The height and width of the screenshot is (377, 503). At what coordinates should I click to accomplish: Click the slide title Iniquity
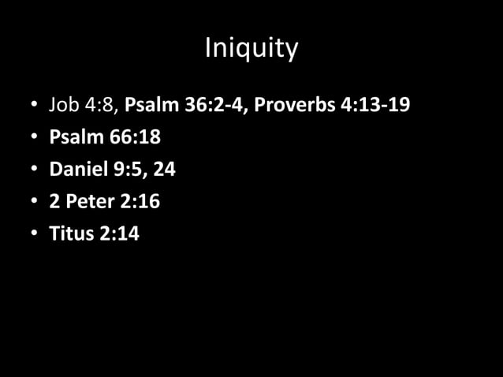[251, 49]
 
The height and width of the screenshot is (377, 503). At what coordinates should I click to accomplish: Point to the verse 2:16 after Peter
[139, 202]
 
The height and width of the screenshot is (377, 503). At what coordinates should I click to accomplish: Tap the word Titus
[71, 234]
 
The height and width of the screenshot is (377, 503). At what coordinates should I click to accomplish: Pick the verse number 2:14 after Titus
[118, 234]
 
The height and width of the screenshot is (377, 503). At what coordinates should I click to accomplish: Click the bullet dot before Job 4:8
[35, 106]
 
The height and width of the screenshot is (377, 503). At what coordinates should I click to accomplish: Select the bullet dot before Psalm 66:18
[35, 138]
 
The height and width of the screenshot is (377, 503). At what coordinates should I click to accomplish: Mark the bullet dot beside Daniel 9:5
[35, 170]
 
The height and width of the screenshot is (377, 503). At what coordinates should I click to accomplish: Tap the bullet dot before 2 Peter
[35, 203]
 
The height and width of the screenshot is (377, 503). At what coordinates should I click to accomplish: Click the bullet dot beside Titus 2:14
[35, 235]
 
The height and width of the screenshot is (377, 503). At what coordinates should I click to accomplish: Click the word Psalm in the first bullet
[151, 105]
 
